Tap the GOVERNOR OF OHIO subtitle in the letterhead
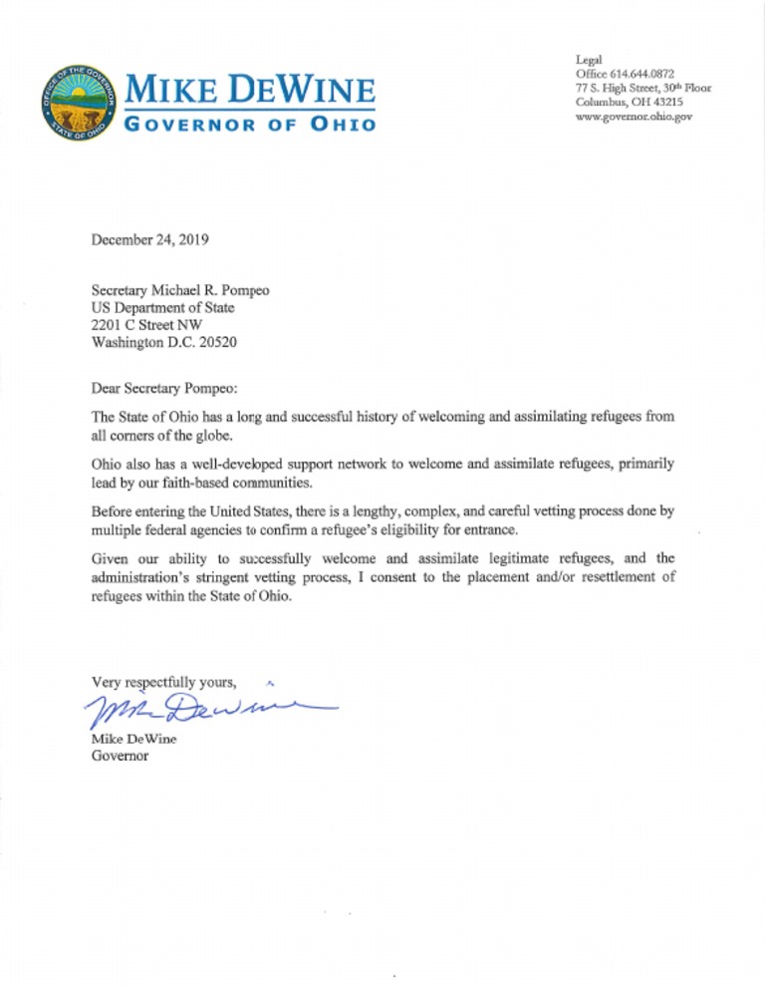[x=248, y=126]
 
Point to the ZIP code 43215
[x=672, y=103]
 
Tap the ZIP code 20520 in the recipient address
[x=216, y=342]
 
